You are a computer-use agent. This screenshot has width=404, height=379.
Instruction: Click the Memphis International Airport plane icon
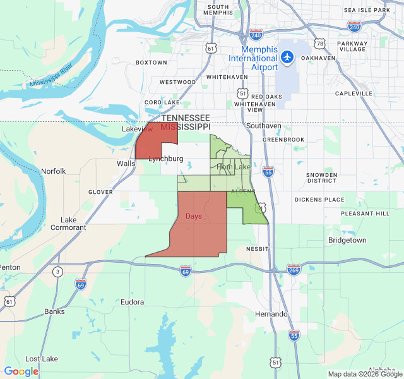click(288, 57)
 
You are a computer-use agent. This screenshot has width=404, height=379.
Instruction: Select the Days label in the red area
click(194, 216)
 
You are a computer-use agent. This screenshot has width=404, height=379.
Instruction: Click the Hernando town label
click(271, 314)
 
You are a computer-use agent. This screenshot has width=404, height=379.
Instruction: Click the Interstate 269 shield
click(294, 270)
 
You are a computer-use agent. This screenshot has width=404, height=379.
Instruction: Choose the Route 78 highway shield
click(321, 44)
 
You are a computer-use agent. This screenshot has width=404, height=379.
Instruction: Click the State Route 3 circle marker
click(58, 272)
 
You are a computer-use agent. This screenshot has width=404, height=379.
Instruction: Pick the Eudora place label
click(133, 303)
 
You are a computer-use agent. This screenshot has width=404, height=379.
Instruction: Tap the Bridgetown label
click(347, 241)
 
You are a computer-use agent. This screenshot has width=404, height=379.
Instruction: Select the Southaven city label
click(263, 126)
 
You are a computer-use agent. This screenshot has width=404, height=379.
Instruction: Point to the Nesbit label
click(257, 249)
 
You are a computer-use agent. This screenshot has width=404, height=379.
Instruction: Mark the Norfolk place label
click(53, 171)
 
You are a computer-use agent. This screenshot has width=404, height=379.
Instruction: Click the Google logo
click(21, 371)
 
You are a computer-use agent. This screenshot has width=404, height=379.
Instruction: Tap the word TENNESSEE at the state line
click(185, 118)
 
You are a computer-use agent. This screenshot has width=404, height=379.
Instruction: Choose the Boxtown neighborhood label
click(151, 63)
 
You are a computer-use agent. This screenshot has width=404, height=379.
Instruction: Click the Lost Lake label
click(41, 359)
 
